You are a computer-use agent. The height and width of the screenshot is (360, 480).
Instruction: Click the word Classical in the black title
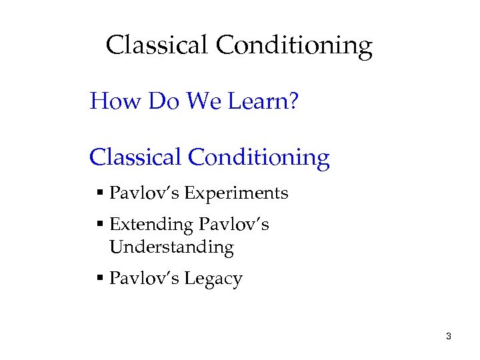click(x=157, y=45)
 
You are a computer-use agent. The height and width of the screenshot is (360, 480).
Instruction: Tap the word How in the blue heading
click(x=116, y=101)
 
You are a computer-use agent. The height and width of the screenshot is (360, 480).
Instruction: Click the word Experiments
click(x=236, y=194)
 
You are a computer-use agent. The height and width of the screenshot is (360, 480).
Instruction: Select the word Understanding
click(x=171, y=248)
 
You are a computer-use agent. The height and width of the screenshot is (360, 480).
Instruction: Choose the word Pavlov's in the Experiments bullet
click(x=144, y=193)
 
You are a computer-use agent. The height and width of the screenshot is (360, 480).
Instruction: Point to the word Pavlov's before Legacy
click(x=144, y=278)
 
